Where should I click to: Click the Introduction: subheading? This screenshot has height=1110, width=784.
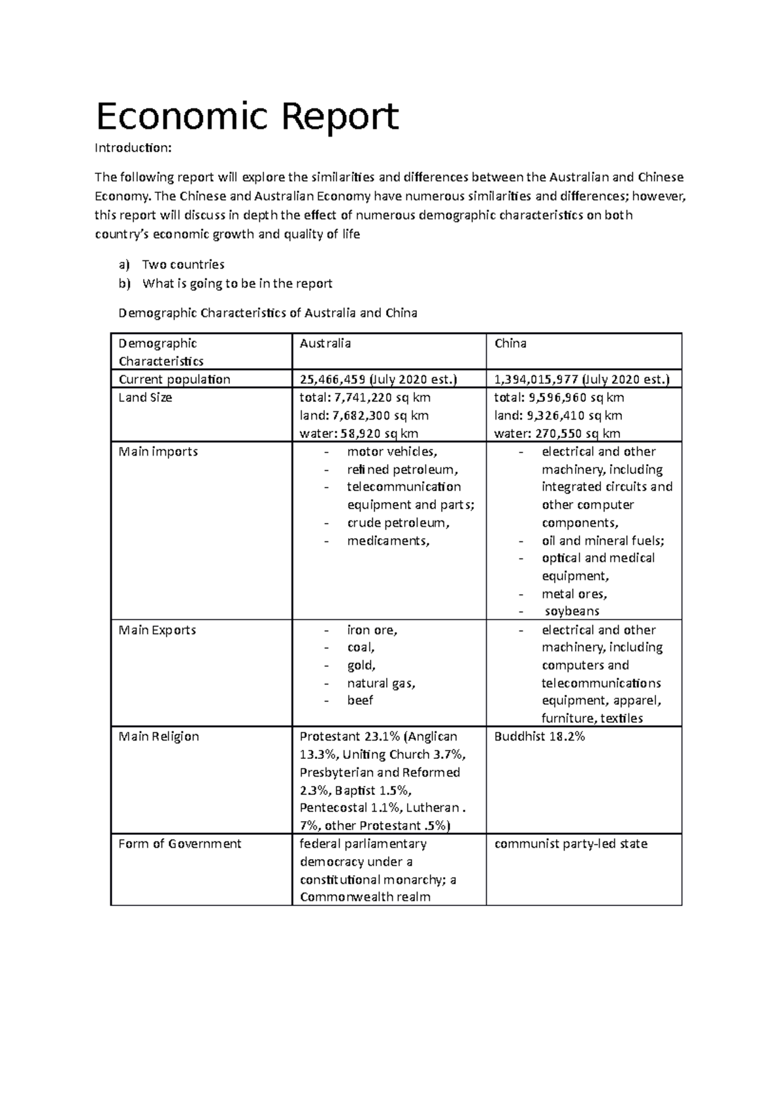(x=133, y=148)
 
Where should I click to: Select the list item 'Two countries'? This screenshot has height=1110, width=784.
(x=183, y=265)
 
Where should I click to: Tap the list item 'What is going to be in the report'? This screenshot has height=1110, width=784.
(x=237, y=284)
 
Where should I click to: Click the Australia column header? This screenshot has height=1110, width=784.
(x=325, y=343)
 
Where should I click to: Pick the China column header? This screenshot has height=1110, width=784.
(x=510, y=343)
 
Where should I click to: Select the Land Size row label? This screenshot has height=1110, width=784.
(x=145, y=397)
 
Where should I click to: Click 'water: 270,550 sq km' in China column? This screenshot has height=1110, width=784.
(x=557, y=433)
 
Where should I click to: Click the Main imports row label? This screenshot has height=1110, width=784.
(x=157, y=452)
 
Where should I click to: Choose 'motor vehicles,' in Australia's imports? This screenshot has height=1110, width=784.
(x=392, y=452)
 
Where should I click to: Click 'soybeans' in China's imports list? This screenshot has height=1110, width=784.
(x=572, y=611)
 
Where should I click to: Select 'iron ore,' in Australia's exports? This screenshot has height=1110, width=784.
(x=372, y=630)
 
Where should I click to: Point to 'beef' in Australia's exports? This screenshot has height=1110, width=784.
(x=360, y=701)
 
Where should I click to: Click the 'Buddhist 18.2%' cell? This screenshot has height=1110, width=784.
(x=539, y=737)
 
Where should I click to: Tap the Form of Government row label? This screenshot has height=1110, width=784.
(x=180, y=844)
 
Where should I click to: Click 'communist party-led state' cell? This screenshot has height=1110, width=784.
(x=570, y=844)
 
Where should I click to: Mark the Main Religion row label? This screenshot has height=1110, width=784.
(x=158, y=737)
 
